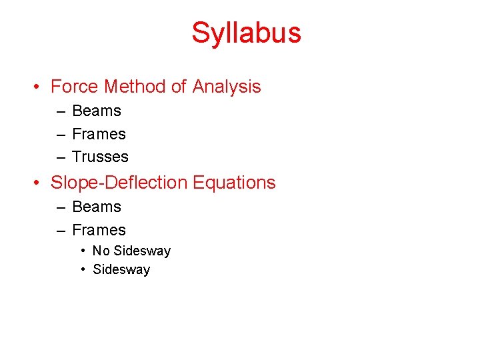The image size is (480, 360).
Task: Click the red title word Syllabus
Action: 246,33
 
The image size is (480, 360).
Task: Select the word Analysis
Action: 227,87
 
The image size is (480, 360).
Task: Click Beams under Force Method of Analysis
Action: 97,111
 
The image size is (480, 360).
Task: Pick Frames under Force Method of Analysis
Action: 99,134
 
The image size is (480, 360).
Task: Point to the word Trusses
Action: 100,157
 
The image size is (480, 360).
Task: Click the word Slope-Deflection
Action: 120,183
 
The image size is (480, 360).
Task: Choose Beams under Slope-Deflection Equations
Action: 97,207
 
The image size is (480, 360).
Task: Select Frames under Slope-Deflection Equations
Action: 99,230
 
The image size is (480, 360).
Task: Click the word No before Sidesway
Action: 101,251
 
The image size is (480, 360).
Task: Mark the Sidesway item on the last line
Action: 121,269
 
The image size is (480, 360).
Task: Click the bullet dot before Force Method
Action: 40,87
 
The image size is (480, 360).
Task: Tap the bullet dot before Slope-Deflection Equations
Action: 40,183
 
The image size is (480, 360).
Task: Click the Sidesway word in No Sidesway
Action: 142,251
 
